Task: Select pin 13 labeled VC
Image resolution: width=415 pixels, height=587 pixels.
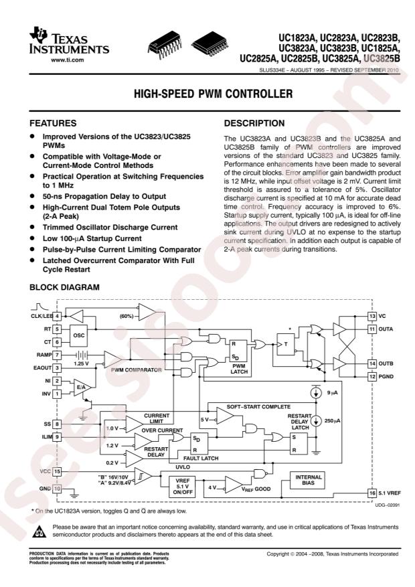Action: (x=372, y=315)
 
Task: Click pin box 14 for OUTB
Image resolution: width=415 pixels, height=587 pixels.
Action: (x=372, y=363)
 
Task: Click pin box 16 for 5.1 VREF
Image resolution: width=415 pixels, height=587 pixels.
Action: (x=372, y=493)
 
